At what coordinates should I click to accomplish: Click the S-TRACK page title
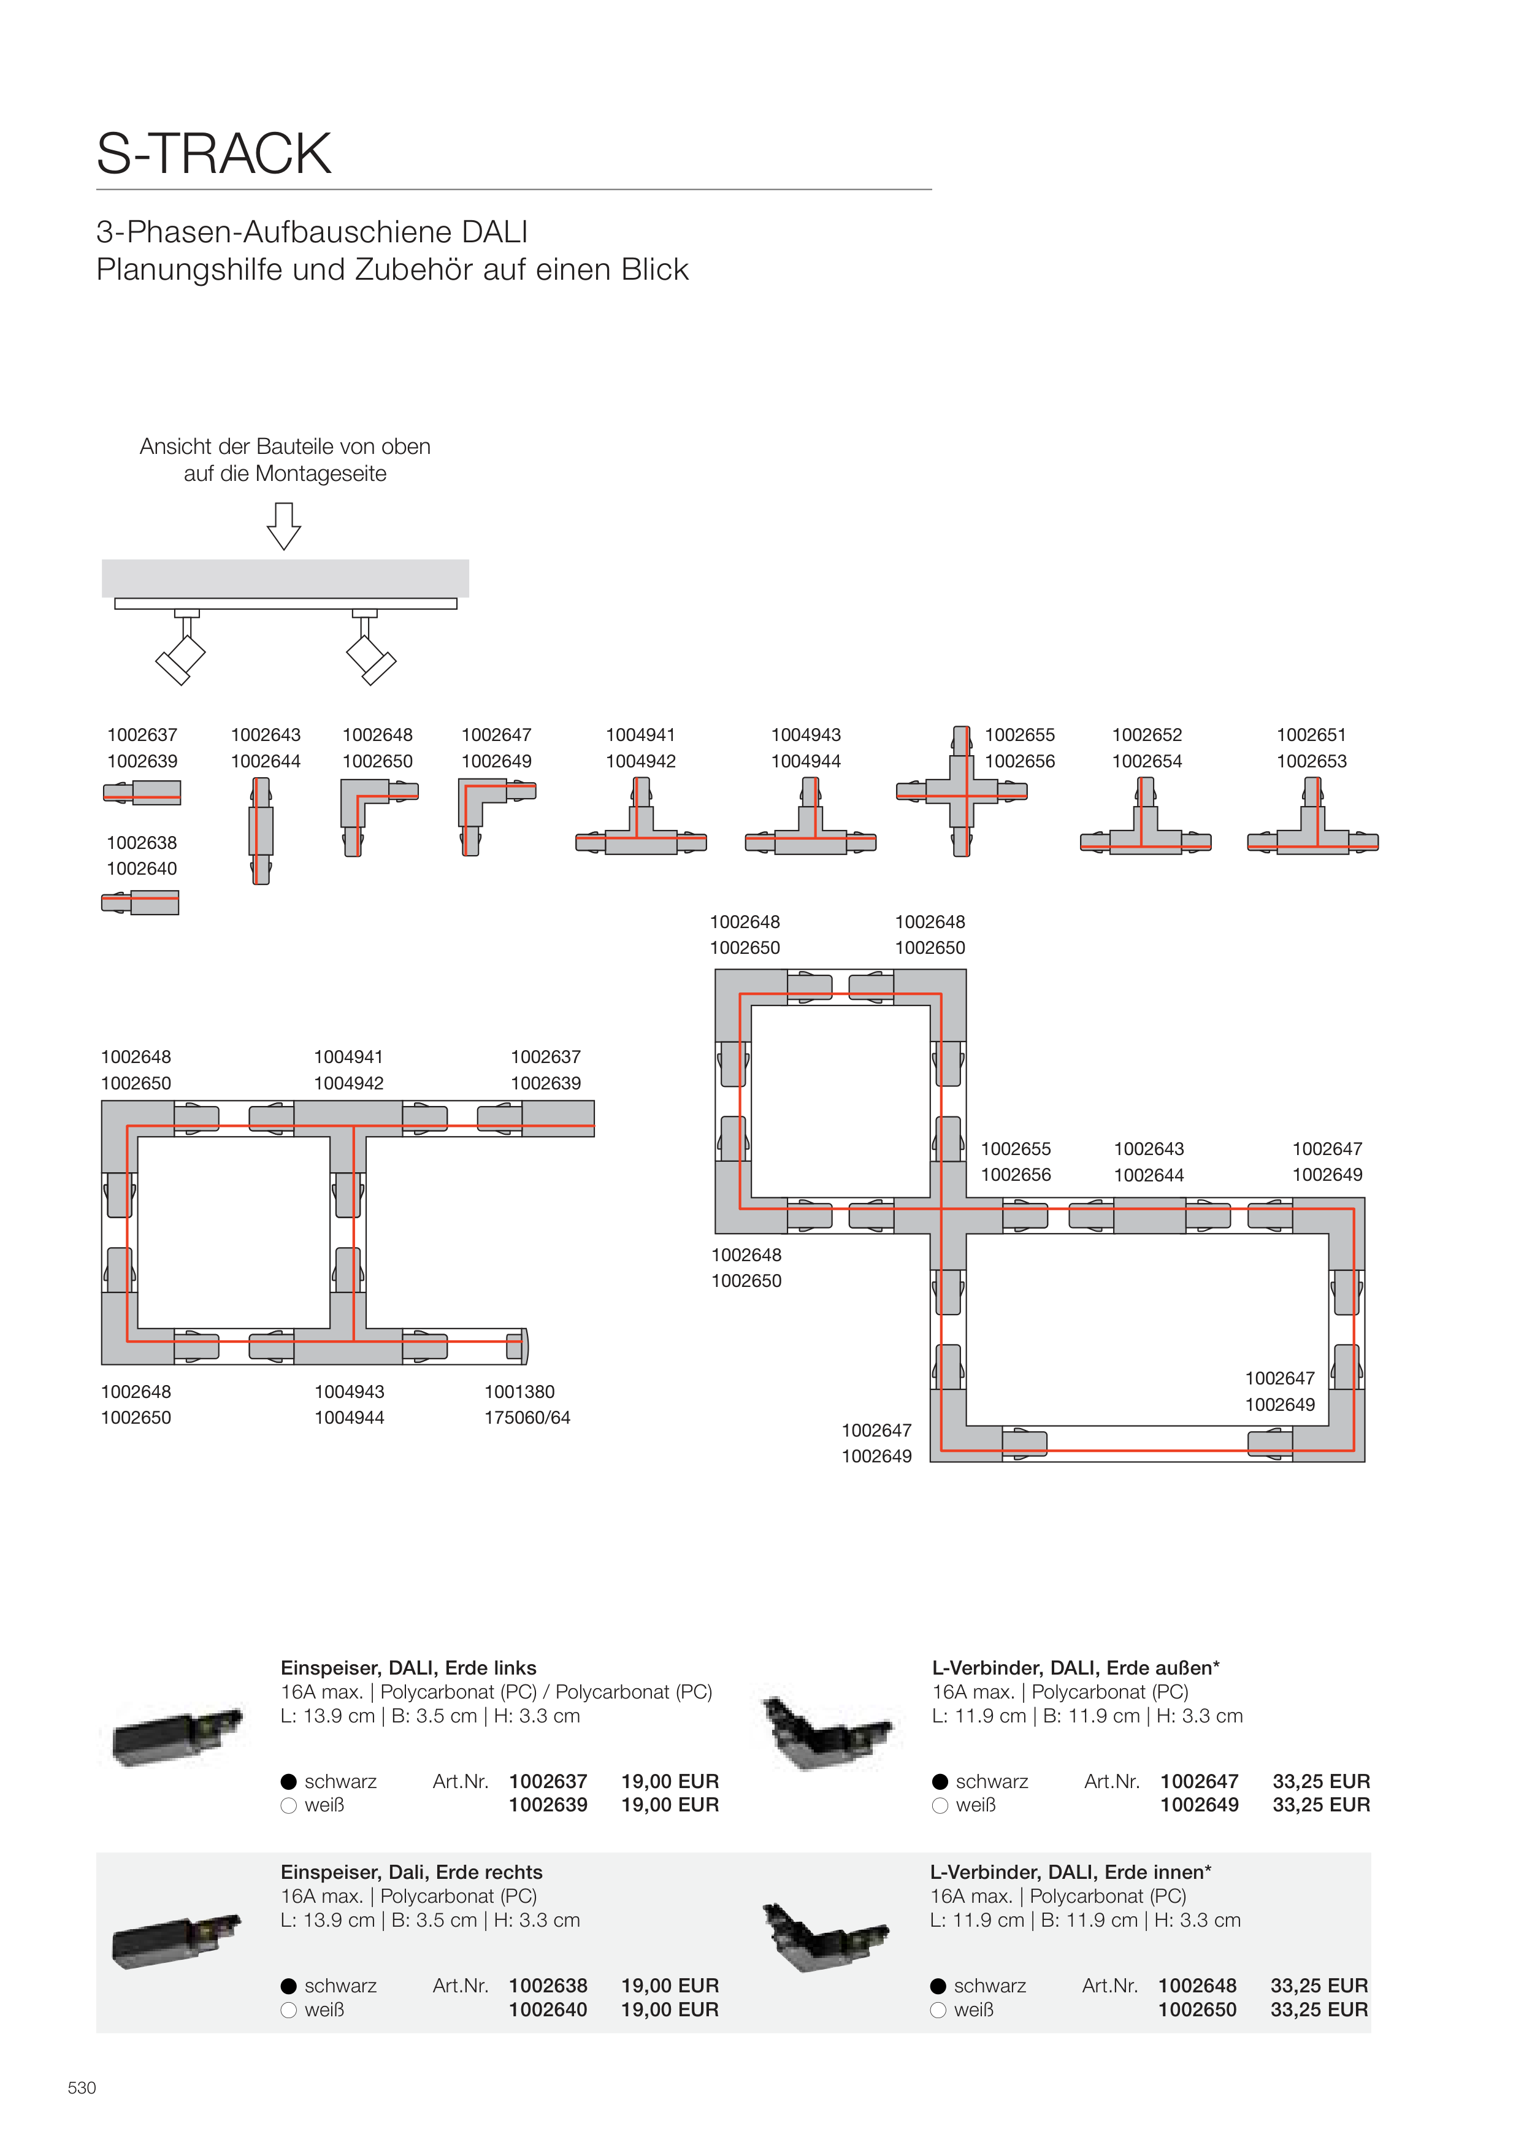(x=214, y=154)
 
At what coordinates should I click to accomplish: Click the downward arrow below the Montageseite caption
(x=284, y=526)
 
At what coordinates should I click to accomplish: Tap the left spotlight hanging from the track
(x=181, y=656)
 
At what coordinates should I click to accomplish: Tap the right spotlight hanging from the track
(x=371, y=656)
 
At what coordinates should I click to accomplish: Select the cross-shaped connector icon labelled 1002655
(x=961, y=791)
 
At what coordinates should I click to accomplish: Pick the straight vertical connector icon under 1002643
(x=261, y=830)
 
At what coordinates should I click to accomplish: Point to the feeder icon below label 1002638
(x=140, y=903)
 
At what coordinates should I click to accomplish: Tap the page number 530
(x=82, y=2087)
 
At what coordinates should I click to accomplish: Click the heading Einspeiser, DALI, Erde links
(x=408, y=1668)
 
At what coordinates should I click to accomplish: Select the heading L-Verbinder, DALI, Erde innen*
(x=1071, y=1872)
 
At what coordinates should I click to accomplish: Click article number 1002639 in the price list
(x=548, y=1805)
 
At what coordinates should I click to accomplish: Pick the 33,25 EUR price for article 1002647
(x=1320, y=1781)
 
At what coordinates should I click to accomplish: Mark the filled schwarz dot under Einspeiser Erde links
(x=289, y=1782)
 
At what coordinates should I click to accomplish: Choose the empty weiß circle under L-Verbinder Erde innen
(x=938, y=2010)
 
